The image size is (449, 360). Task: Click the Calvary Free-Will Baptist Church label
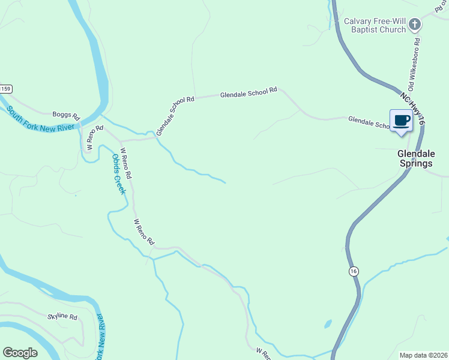pyautogui.click(x=375, y=25)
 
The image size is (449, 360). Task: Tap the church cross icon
pyautogui.click(x=415, y=25)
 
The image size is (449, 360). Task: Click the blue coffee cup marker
pyautogui.click(x=401, y=121)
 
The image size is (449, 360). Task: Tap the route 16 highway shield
pyautogui.click(x=354, y=272)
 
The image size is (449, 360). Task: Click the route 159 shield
pyautogui.click(x=5, y=89)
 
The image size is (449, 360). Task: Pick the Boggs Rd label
pyautogui.click(x=66, y=114)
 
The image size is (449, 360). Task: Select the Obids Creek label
pyautogui.click(x=118, y=174)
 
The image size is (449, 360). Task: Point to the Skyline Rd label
pyautogui.click(x=63, y=317)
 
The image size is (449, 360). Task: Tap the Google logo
pyautogui.click(x=20, y=353)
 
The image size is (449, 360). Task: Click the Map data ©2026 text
pyautogui.click(x=423, y=355)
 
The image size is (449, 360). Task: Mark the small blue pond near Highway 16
pyautogui.click(x=328, y=324)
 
